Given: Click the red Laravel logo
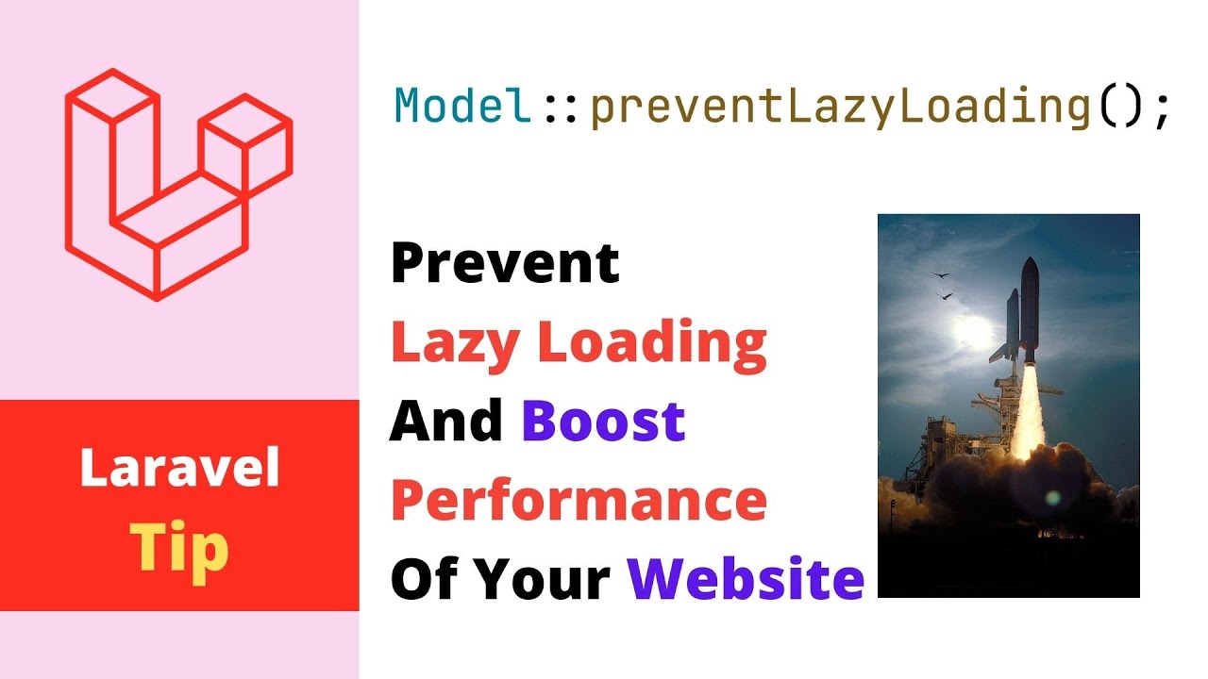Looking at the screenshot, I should click(x=177, y=185).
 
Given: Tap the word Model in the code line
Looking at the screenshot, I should click(x=462, y=107).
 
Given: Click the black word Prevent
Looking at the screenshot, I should click(x=505, y=263).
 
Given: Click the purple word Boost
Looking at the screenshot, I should click(x=603, y=422).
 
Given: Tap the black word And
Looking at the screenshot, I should click(x=445, y=422).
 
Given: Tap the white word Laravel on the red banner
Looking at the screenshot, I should click(x=179, y=469).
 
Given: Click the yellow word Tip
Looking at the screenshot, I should click(x=179, y=547).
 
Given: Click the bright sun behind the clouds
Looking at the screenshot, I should click(x=972, y=330).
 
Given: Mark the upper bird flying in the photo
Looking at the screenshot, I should click(x=940, y=275).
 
